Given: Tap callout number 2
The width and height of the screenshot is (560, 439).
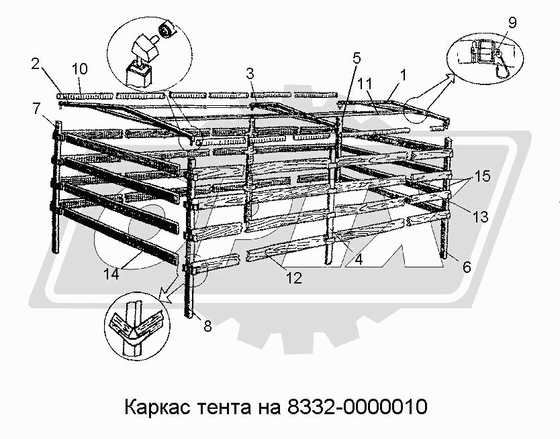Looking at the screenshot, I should tap(36, 64).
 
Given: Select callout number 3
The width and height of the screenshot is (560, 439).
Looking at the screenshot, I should tap(250, 72).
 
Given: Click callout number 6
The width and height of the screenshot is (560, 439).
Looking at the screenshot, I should tap(467, 266).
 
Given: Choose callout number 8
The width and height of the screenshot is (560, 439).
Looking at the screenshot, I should tap(207, 327).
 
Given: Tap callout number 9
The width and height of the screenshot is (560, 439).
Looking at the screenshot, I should tap(512, 22).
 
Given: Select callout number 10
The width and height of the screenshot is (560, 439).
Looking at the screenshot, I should tap(79, 68).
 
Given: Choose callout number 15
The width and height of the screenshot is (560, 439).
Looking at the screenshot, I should tap(481, 177).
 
